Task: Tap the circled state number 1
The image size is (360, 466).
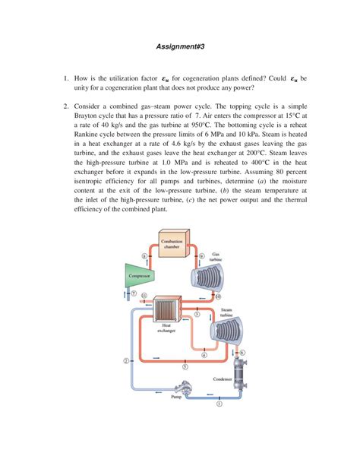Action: (219, 405)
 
